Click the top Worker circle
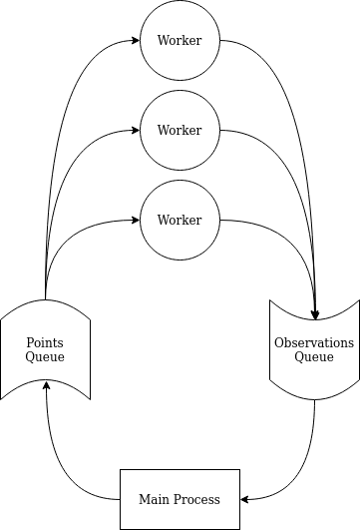[x=180, y=41]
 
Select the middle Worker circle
[x=180, y=131]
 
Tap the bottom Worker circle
[x=180, y=221]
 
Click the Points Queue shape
[x=46, y=349]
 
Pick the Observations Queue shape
[x=314, y=349]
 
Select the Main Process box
[x=180, y=499]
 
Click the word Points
[x=46, y=342]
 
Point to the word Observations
[x=314, y=342]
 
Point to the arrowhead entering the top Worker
[x=135, y=41]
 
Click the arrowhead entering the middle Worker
[x=135, y=131]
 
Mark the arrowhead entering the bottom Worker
[x=135, y=221]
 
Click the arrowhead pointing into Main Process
[x=245, y=499]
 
